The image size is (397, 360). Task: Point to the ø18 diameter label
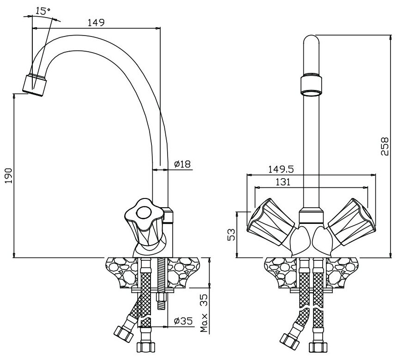pyautogui.click(x=182, y=164)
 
